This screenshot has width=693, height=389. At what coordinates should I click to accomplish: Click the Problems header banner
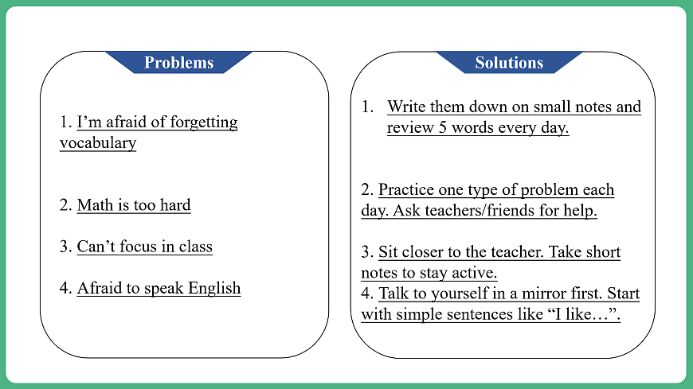pos(179,63)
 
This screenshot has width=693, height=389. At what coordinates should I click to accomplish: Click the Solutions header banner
pos(509,63)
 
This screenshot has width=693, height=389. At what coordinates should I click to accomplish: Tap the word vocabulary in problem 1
pos(98,143)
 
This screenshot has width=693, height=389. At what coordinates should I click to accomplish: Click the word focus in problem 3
pos(139,247)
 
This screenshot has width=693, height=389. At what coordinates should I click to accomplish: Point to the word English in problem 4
pos(214,288)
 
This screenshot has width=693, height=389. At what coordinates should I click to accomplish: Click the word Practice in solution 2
pos(409,190)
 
